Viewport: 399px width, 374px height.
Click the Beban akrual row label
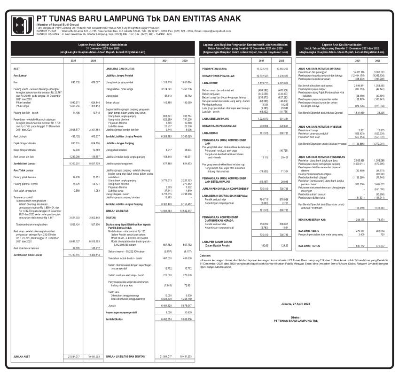pyautogui.click(x=112, y=102)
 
